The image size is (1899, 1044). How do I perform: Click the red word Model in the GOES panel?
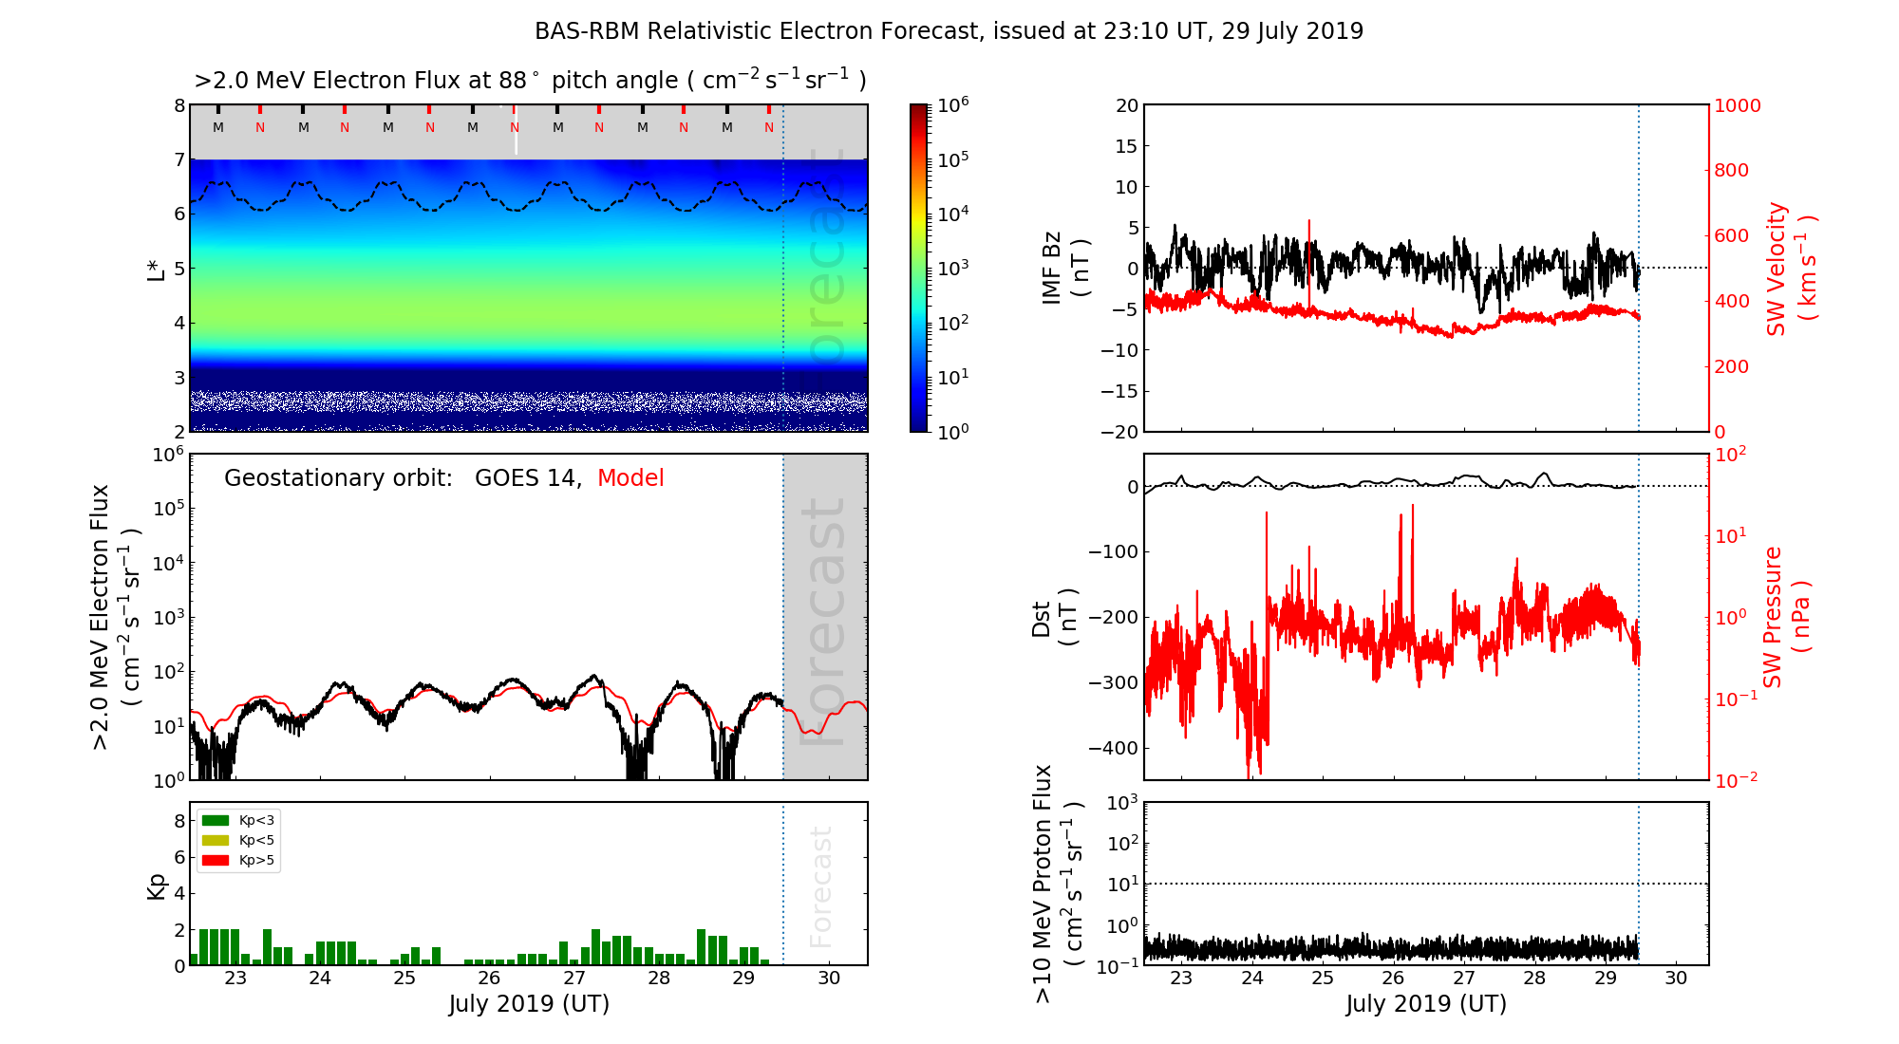[x=630, y=478]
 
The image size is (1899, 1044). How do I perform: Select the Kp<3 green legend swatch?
[x=216, y=821]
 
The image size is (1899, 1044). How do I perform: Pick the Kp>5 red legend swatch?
[x=216, y=861]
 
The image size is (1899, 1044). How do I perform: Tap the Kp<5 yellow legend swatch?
[x=216, y=841]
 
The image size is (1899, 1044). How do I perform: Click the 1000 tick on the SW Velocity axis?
[x=1737, y=106]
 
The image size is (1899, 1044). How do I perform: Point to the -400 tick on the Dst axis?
[x=1113, y=748]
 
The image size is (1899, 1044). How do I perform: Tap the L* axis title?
[x=156, y=268]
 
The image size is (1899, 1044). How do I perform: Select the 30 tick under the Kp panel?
[x=828, y=979]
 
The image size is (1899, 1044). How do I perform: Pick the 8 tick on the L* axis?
[x=179, y=106]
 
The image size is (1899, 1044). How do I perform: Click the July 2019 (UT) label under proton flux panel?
[x=1426, y=1004]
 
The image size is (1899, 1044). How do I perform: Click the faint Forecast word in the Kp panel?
[x=821, y=886]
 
